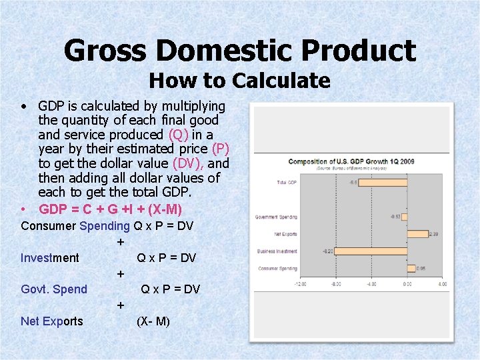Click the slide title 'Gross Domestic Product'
pyautogui.click(x=240, y=51)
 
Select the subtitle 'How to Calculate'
pyautogui.click(x=240, y=81)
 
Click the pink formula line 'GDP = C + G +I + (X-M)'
pyautogui.click(x=110, y=209)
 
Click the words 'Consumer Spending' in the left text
pyautogui.click(x=75, y=226)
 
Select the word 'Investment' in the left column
pyautogui.click(x=50, y=258)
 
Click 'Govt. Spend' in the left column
pyautogui.click(x=54, y=289)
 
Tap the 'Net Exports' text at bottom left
pyautogui.click(x=52, y=321)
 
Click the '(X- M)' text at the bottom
pyautogui.click(x=153, y=321)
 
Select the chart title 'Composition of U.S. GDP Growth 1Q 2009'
pyautogui.click(x=352, y=162)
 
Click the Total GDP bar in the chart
pyautogui.click(x=383, y=182)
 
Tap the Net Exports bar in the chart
pyautogui.click(x=417, y=234)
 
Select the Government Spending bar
pyautogui.click(x=405, y=217)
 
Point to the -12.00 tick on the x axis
pyautogui.click(x=301, y=284)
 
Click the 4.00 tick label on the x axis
pyautogui.click(x=442, y=284)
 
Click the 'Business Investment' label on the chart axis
pyautogui.click(x=277, y=251)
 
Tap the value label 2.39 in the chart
pyautogui.click(x=433, y=234)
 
